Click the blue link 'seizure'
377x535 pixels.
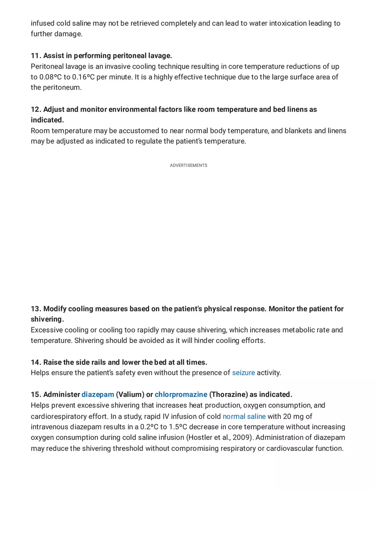pyautogui.click(x=243, y=373)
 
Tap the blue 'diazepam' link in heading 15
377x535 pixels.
pyautogui.click(x=98, y=394)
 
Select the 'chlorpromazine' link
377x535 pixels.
pyautogui.click(x=181, y=394)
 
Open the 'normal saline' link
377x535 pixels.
pyautogui.click(x=244, y=416)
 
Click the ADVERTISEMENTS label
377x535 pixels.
pyautogui.click(x=188, y=166)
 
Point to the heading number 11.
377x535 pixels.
pyautogui.click(x=36, y=56)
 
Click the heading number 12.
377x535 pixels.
pyautogui.click(x=36, y=109)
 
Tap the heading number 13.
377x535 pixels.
pyautogui.click(x=36, y=309)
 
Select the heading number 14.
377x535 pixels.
pyautogui.click(x=36, y=362)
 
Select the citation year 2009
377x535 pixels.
pyautogui.click(x=242, y=438)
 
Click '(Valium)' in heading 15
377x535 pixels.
pyautogui.click(x=130, y=394)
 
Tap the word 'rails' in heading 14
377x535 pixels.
pyautogui.click(x=97, y=362)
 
